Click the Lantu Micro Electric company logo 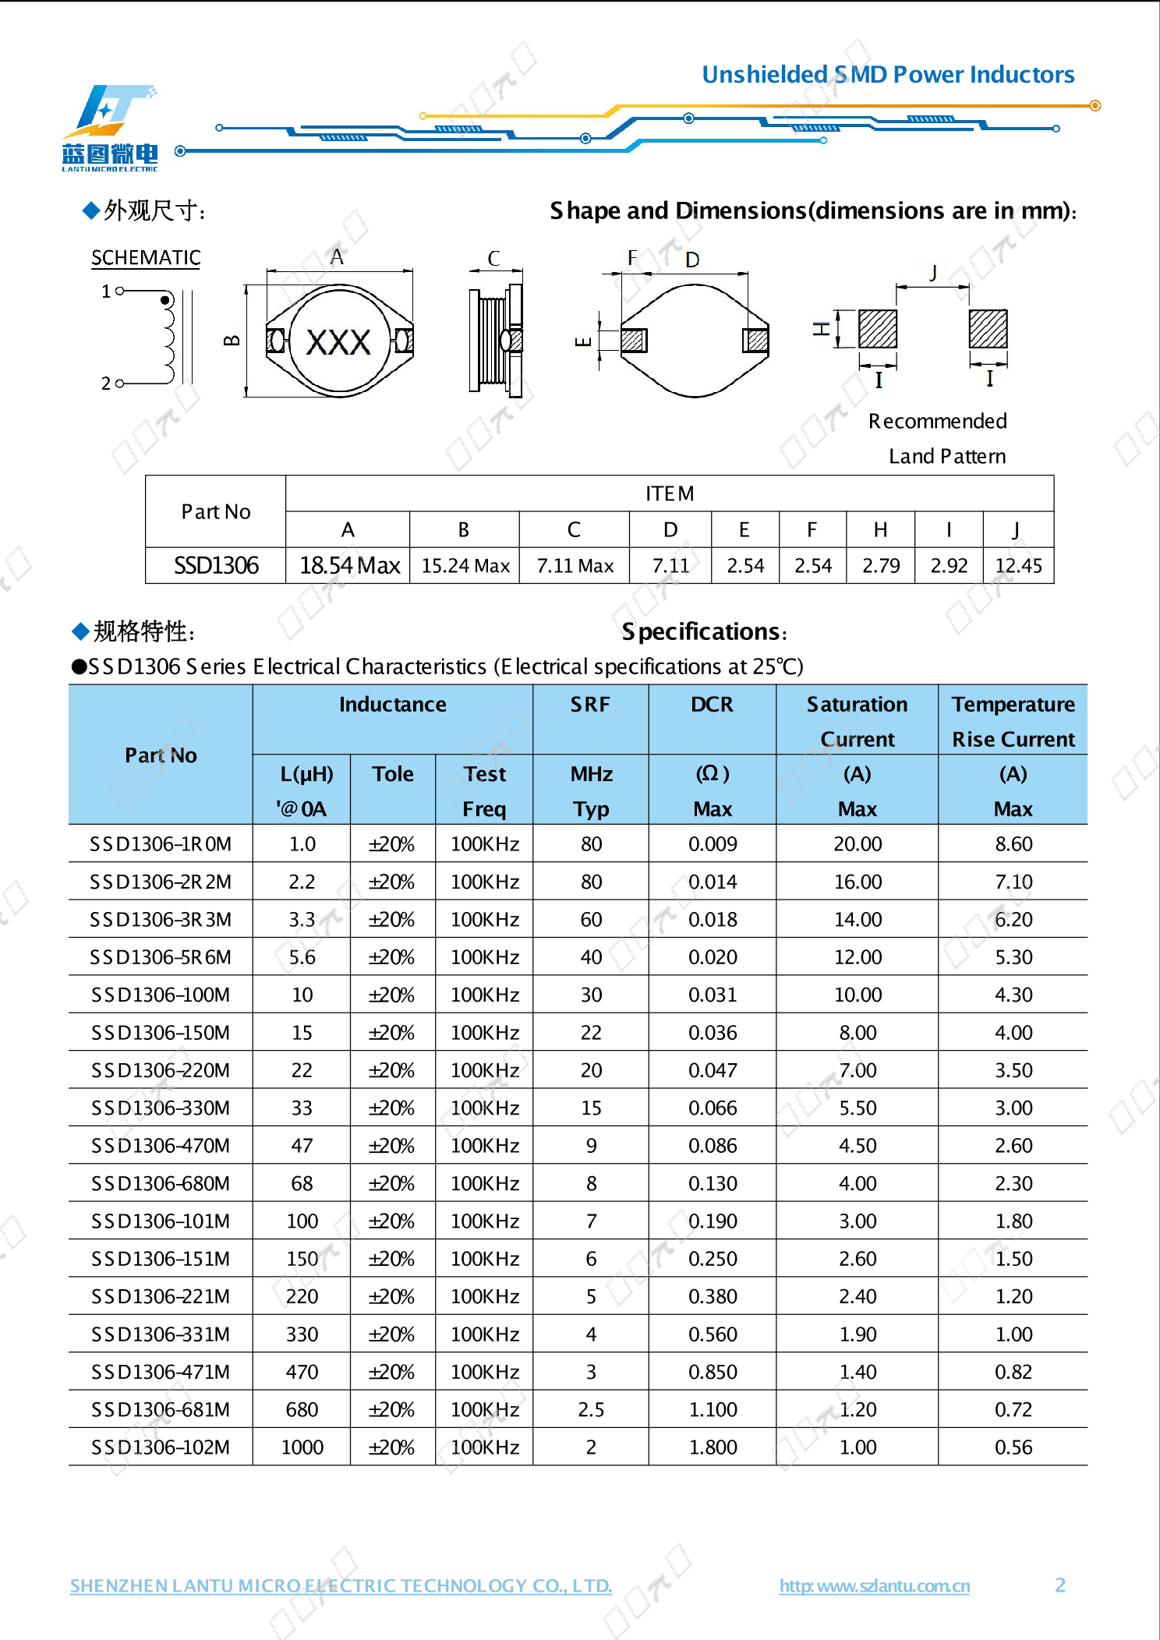point(110,128)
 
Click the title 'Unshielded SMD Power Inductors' point(887,75)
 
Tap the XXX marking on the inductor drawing point(338,342)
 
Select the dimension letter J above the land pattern point(932,272)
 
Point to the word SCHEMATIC point(146,258)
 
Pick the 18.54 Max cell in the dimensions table point(349,565)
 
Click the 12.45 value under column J point(1018,566)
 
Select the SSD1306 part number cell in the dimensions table point(216,565)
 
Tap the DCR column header point(712,705)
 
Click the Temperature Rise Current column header point(1013,721)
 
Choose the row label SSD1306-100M point(161,995)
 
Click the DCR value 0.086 point(712,1146)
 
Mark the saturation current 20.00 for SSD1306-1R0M point(858,844)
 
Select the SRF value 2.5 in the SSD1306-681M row point(591,1409)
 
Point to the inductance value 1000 point(302,1447)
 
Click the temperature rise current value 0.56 point(1013,1447)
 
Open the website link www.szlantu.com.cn point(874,1586)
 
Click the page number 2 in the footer point(1059,1585)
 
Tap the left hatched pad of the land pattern point(877,329)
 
